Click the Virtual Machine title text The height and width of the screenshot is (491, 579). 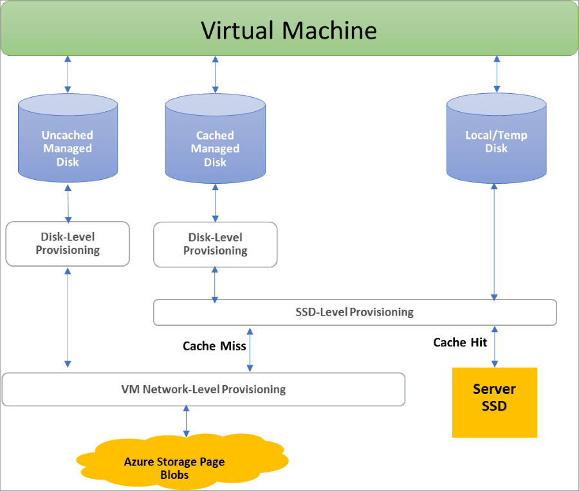pyautogui.click(x=289, y=30)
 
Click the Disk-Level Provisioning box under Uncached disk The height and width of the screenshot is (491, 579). pyautogui.click(x=68, y=244)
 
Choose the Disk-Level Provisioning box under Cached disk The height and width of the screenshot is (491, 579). pyautogui.click(x=215, y=244)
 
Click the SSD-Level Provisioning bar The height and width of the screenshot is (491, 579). pyautogui.click(x=354, y=312)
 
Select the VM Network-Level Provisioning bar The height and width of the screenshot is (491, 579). pyautogui.click(x=203, y=389)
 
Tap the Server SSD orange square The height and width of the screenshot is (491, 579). pyautogui.click(x=494, y=402)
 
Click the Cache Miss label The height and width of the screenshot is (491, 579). pyautogui.click(x=214, y=346)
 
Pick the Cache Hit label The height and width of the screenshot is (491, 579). pyautogui.click(x=460, y=343)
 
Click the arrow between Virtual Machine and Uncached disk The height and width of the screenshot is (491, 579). pyautogui.click(x=68, y=75)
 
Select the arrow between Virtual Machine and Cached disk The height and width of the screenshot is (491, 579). pyautogui.click(x=215, y=75)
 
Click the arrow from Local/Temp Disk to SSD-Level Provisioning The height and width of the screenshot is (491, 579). pyautogui.click(x=494, y=242)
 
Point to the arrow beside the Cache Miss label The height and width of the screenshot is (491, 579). pyautogui.click(x=250, y=349)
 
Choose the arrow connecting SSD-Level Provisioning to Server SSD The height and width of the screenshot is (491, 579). pyautogui.click(x=494, y=346)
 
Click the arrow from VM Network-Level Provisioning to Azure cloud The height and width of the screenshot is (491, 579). pyautogui.click(x=187, y=421)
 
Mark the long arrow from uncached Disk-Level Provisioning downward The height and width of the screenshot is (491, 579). pyautogui.click(x=68, y=318)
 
